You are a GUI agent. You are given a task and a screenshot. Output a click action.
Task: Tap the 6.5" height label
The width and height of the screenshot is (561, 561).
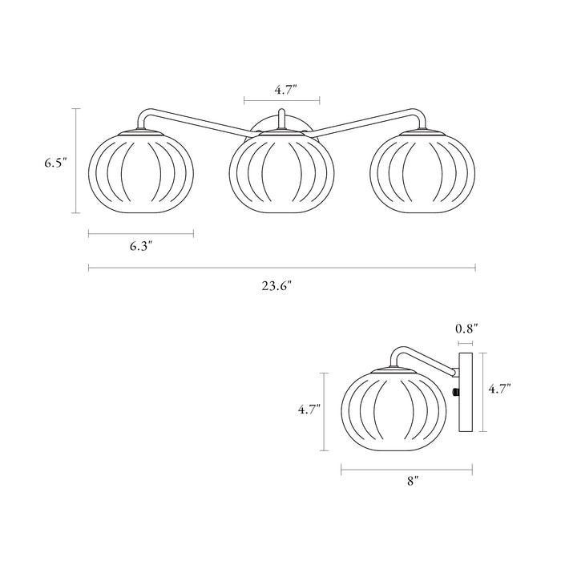pos(55,163)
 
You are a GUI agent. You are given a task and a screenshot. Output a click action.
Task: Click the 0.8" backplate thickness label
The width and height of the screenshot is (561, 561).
pos(466,329)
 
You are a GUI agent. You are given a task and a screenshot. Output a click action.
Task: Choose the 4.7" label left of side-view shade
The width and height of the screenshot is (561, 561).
pos(309,410)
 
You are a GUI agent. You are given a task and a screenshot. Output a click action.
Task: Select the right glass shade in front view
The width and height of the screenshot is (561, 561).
pos(424,171)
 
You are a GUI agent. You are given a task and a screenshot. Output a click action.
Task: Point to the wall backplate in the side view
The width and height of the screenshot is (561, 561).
pos(466,391)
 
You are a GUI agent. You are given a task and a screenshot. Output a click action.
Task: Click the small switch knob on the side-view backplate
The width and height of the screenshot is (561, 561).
pos(455,392)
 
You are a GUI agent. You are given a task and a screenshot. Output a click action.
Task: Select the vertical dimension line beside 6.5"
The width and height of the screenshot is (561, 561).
pos(76,161)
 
